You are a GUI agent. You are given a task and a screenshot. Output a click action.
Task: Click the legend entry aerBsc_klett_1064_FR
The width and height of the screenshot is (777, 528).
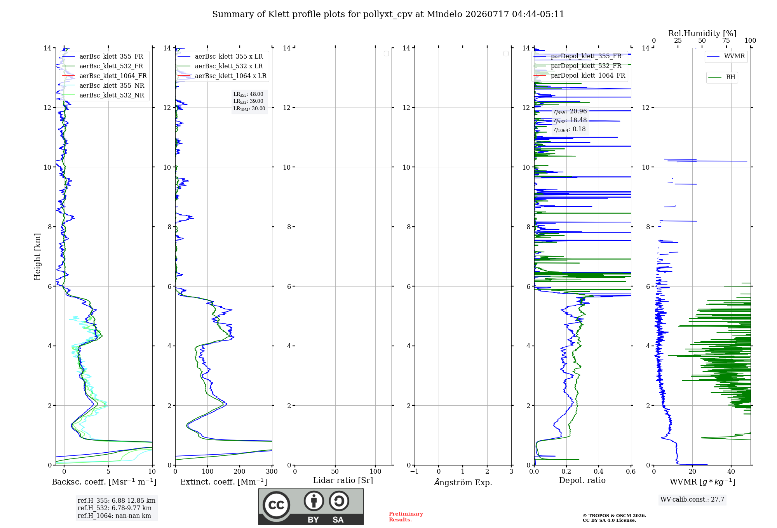coord(105,76)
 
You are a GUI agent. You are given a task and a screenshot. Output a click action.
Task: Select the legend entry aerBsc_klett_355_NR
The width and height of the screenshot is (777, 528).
coord(103,86)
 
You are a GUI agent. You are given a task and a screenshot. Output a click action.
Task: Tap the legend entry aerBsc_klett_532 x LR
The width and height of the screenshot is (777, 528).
coord(220,66)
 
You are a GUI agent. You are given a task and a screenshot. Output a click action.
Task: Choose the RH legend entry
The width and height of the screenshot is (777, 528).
coord(722,77)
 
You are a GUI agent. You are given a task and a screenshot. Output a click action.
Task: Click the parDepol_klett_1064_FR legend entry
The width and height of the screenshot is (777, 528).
coord(579,76)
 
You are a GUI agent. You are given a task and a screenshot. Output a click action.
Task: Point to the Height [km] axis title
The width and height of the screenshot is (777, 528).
coord(37,257)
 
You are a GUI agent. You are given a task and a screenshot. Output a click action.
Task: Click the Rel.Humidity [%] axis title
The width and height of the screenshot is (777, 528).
coord(702,33)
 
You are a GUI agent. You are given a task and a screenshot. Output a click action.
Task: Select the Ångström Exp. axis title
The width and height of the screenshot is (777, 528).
coord(463,482)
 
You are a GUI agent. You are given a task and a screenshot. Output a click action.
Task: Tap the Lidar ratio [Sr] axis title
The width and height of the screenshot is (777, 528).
coord(343,481)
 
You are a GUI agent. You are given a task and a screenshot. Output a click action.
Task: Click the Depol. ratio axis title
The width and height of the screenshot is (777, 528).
coord(582,480)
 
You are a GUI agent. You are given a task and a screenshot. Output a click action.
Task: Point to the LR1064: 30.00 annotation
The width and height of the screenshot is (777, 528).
coord(249,109)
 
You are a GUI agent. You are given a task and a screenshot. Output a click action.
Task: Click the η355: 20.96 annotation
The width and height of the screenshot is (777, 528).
coord(570,111)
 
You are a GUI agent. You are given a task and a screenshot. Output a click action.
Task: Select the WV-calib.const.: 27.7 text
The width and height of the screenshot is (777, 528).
coord(692,500)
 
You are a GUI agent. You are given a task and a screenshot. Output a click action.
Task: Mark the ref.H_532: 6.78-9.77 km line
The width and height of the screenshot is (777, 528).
coord(115,508)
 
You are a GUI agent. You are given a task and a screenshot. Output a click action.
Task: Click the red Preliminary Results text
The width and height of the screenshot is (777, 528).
coord(406,517)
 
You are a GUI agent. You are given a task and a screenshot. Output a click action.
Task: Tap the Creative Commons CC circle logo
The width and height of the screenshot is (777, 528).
coord(276,505)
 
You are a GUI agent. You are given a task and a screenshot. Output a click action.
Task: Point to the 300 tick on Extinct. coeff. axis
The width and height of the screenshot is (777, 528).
coord(272,472)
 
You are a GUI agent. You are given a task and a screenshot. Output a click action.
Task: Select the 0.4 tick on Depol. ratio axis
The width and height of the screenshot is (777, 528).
coord(599,472)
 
